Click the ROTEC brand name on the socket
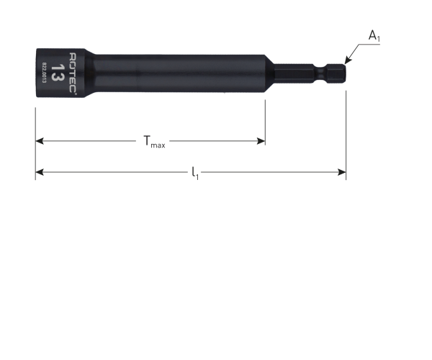(73, 73)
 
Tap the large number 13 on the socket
(58, 73)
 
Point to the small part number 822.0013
(44, 73)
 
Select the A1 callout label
(374, 36)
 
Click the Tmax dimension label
(154, 142)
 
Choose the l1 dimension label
(195, 173)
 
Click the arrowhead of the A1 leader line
(348, 61)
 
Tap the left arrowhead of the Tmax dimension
(40, 141)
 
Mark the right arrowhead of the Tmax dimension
(261, 141)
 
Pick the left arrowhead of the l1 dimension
(40, 172)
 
